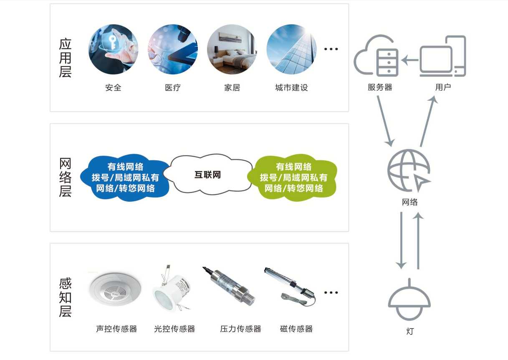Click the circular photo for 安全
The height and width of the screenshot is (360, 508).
point(113,49)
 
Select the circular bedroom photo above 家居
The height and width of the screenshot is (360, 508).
point(232,49)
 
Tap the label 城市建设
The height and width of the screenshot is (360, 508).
point(291,88)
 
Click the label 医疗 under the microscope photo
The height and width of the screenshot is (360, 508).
point(173,88)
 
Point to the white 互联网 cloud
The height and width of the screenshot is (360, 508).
point(208,175)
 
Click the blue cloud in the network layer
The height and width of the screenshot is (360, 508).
point(126,177)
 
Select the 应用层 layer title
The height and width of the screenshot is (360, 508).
point(65,58)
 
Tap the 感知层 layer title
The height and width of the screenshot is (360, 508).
point(65,297)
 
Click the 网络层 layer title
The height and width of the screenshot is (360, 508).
point(65,177)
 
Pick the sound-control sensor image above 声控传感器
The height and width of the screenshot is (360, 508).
point(115,289)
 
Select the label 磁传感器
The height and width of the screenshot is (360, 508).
point(296,329)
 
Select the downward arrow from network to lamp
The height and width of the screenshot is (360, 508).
point(401,241)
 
